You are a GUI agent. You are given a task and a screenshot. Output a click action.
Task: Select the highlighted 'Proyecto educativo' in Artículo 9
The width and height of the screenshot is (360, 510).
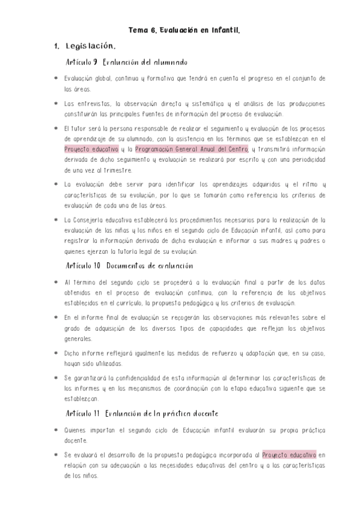[x=91, y=149]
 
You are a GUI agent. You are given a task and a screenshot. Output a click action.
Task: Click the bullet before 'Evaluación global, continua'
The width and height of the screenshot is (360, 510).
[x=55, y=79]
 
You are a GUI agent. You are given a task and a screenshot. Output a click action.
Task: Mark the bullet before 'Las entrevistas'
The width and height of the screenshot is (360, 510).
[x=55, y=104]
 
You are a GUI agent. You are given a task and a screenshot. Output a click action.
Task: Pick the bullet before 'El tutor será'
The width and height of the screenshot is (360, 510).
[x=55, y=129]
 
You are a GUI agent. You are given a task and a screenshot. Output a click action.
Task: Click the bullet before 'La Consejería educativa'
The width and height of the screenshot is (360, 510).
[x=55, y=220]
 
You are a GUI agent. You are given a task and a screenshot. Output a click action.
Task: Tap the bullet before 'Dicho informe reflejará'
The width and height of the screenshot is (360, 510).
[x=55, y=354]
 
